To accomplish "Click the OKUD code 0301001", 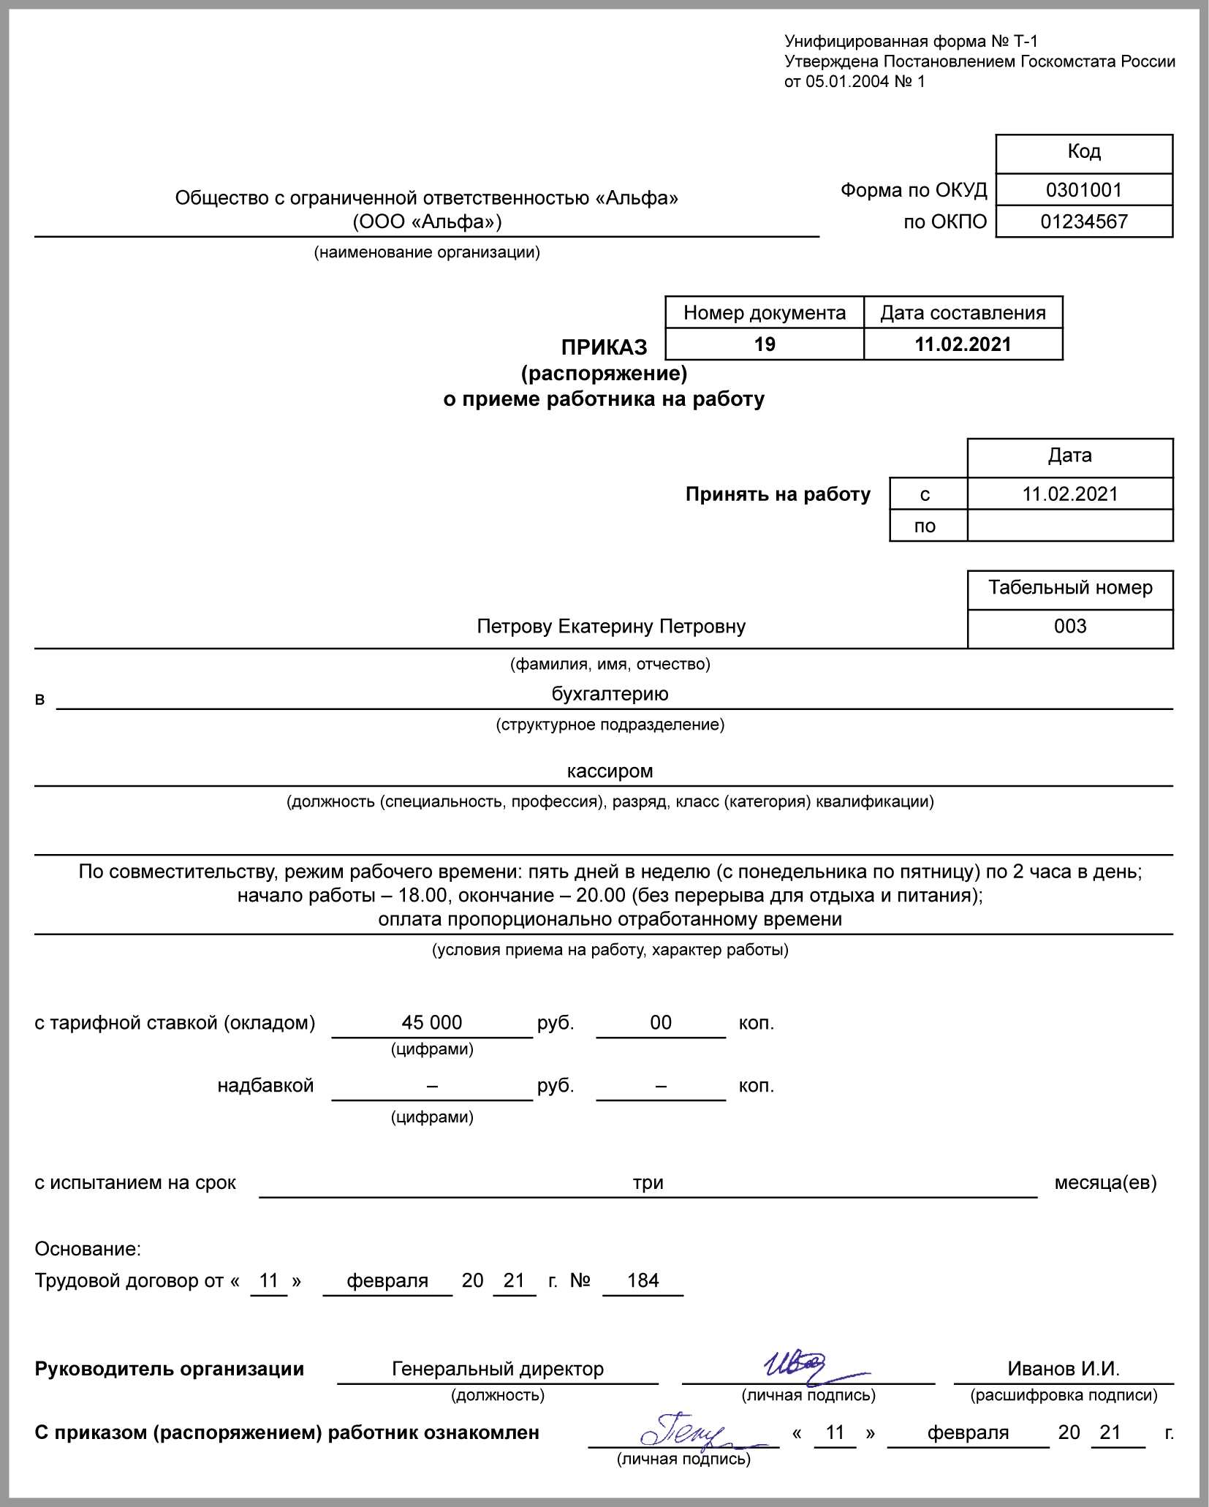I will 1083,190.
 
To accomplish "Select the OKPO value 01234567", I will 1083,222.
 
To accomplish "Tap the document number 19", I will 765,344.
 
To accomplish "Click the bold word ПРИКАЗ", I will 604,347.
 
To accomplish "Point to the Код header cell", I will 1083,151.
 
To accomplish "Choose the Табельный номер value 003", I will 1070,627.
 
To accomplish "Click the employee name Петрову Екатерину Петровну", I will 611,627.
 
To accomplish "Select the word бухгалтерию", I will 610,694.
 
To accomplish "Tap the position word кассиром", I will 610,771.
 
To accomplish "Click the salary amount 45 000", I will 431,1022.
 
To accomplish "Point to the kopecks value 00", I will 661,1022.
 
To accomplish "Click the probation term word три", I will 648,1182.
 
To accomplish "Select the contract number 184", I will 643,1280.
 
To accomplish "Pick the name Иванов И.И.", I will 1064,1369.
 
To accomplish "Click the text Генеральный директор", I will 498,1369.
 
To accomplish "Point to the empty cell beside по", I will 1069,526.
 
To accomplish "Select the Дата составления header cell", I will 963,313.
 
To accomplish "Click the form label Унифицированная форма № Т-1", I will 911,42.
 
